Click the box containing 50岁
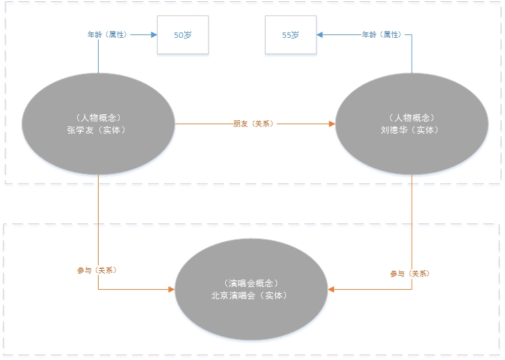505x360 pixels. click(x=183, y=34)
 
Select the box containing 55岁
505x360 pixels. click(x=291, y=34)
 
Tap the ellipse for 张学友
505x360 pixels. click(x=98, y=124)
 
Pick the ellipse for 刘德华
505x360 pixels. click(x=412, y=124)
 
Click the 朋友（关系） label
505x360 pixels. click(x=254, y=124)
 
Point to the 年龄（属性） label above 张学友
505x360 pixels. click(x=107, y=34)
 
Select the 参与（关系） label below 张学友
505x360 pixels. click(x=97, y=270)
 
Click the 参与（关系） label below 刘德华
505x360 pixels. click(x=410, y=274)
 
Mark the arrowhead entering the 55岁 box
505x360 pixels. click(x=320, y=34)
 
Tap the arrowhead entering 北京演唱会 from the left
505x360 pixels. click(x=171, y=289)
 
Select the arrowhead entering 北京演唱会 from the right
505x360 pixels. click(x=332, y=289)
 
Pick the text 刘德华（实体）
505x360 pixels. click(x=412, y=130)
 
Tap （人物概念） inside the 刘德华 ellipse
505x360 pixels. click(x=412, y=118)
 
